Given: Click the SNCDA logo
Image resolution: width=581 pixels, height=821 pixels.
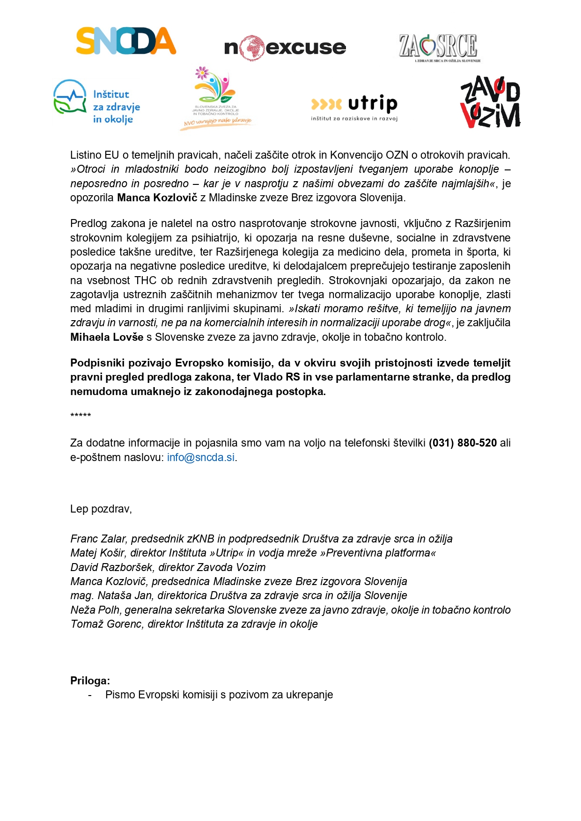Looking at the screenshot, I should [x=126, y=41].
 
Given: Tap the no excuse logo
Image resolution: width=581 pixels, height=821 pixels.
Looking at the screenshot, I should [x=285, y=47].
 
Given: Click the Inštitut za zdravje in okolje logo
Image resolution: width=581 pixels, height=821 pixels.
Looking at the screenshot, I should [x=97, y=102].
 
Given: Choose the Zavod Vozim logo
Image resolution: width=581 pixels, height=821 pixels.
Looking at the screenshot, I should [x=490, y=102].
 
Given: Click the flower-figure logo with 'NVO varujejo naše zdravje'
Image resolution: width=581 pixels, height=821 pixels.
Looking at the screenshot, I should [x=216, y=98].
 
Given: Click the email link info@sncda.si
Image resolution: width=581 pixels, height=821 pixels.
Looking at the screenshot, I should [x=201, y=457].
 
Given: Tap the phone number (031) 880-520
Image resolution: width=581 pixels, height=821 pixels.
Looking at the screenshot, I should [x=463, y=443].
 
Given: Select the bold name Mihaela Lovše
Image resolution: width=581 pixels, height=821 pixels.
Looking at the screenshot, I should [x=107, y=337].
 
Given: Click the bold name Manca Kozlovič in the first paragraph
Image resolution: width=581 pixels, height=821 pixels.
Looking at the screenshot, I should [x=157, y=198].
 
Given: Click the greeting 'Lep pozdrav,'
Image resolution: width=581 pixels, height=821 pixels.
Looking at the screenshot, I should [x=101, y=509].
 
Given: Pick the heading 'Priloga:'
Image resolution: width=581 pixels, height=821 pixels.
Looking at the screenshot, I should [x=90, y=681].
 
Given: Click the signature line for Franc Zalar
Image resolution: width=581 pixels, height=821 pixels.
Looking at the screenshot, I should [x=261, y=539].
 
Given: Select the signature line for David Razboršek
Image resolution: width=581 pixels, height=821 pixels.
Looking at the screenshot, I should [x=168, y=567].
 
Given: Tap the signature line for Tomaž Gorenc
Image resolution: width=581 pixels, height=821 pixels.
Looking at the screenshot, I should [x=194, y=624].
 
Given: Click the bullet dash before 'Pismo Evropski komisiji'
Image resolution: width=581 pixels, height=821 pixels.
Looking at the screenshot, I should [x=90, y=695].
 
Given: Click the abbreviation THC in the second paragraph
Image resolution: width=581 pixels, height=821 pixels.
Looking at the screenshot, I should [x=146, y=280].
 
